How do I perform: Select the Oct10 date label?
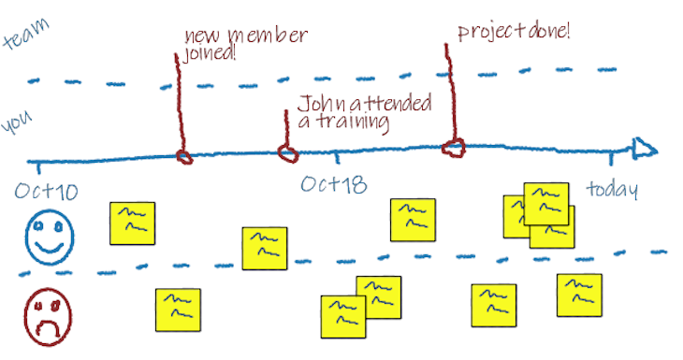46,193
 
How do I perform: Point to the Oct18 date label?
333,184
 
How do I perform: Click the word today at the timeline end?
612,190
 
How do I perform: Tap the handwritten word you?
20,123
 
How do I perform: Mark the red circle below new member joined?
185,156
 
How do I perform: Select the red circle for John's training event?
287,151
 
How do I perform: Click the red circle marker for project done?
454,146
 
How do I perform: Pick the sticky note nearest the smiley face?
132,223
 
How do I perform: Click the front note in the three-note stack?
545,203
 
